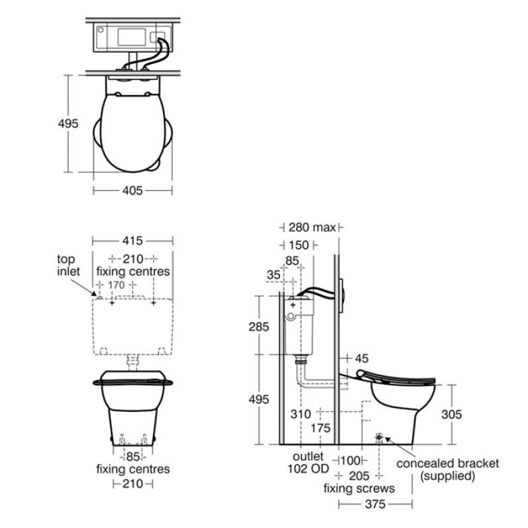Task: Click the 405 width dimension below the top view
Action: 133,191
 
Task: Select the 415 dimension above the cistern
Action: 133,241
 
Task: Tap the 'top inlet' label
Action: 69,265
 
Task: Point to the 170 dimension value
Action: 116,285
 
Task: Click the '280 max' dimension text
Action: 312,227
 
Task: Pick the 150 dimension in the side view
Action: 299,245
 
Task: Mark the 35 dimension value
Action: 273,275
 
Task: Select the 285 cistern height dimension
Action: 259,326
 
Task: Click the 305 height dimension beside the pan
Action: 451,414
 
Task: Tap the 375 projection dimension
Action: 375,504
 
